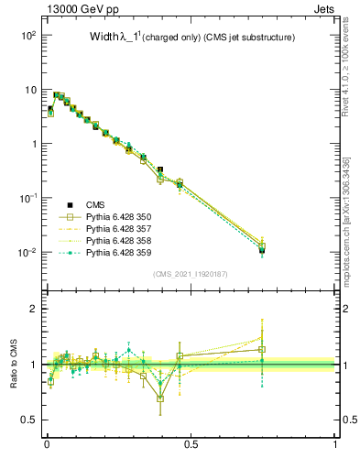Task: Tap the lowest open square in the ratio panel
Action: [x=161, y=398]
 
